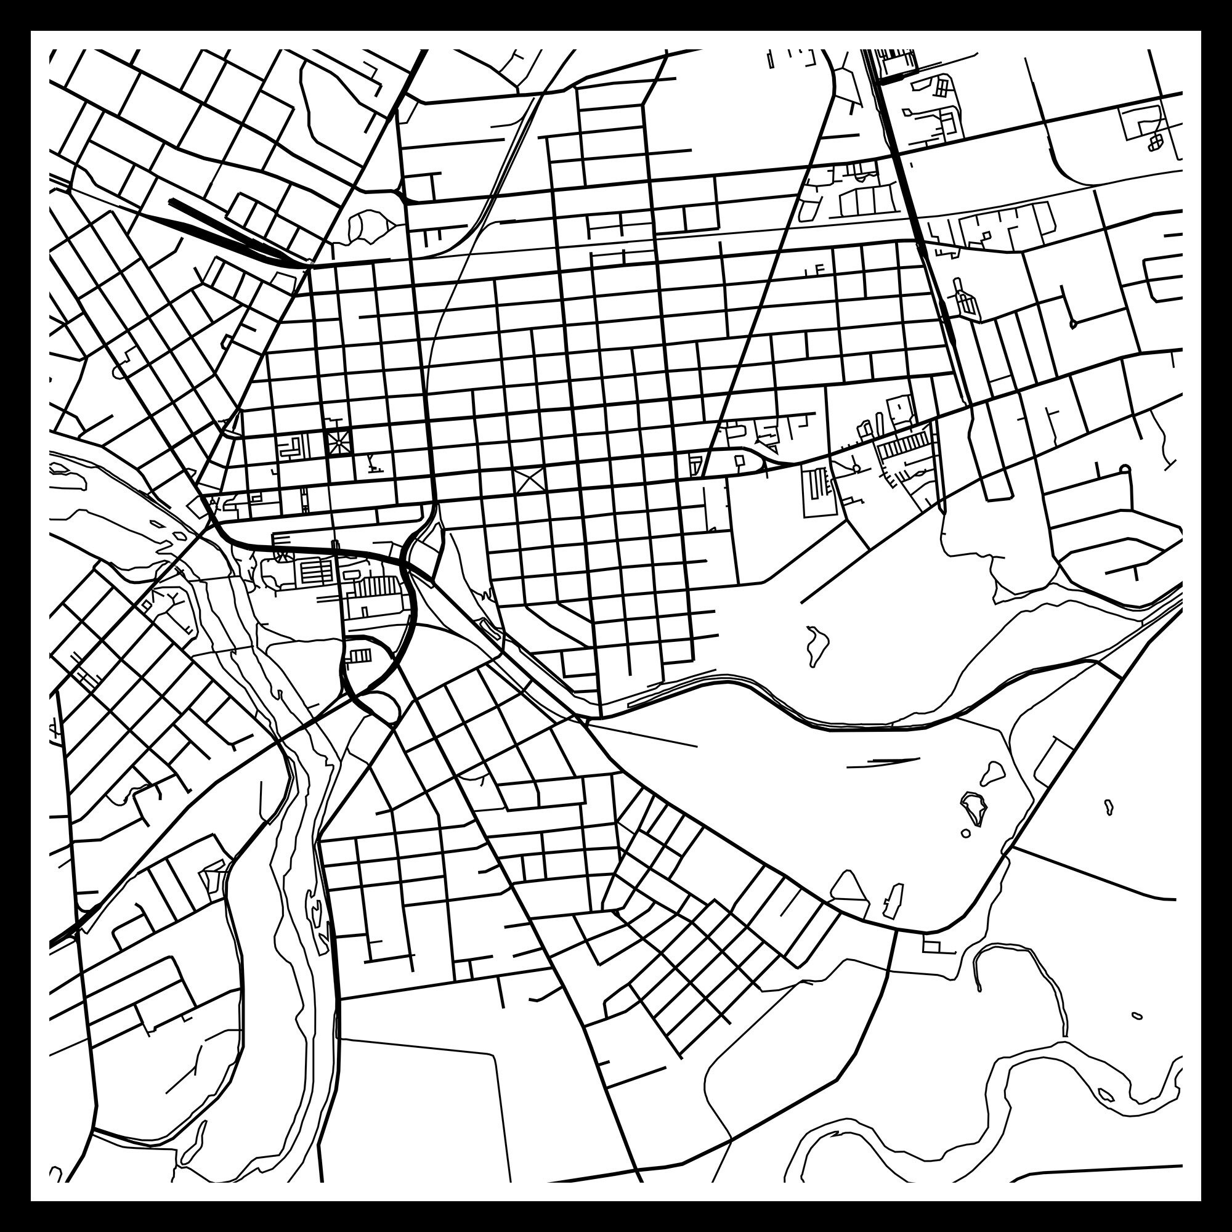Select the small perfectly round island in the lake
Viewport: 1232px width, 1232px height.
pos(965,833)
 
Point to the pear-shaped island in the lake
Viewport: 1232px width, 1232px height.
pos(992,773)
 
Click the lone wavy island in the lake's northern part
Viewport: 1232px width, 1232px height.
pos(816,645)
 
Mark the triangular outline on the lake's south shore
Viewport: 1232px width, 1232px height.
pos(849,888)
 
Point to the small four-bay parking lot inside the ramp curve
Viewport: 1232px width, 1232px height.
pos(360,655)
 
